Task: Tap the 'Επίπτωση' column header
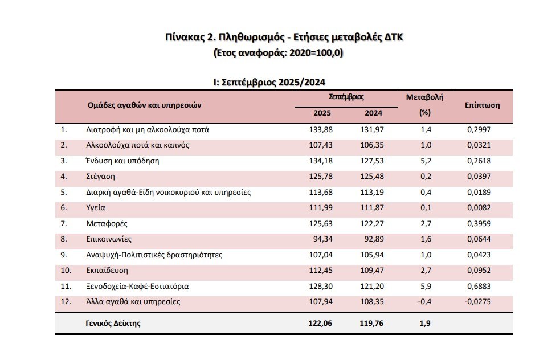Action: click(x=482, y=105)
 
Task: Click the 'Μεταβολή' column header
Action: click(x=424, y=97)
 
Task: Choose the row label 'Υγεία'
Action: click(x=95, y=208)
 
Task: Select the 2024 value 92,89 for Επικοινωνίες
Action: click(x=374, y=240)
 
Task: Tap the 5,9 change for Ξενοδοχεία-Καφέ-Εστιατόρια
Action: click(x=424, y=287)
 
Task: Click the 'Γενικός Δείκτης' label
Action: click(x=113, y=324)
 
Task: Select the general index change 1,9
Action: click(x=424, y=324)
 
